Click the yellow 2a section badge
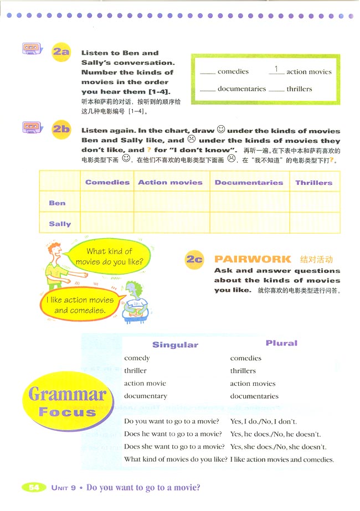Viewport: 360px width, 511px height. tap(61, 53)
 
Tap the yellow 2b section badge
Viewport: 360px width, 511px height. tap(61, 130)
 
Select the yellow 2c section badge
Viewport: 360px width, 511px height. tap(194, 259)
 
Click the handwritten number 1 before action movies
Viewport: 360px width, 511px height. tap(276, 69)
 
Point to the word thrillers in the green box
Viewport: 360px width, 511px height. tap(299, 89)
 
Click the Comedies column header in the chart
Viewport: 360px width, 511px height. tap(107, 182)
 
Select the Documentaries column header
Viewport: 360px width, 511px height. tap(249, 182)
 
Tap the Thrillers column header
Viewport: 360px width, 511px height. tap(314, 182)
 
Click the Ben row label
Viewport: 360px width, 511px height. tap(57, 203)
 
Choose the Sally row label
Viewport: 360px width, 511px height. tap(60, 224)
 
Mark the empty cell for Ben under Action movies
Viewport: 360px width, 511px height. tap(171, 203)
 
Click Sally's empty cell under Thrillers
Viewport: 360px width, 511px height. tap(314, 224)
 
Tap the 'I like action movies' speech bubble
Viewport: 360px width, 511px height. tap(80, 305)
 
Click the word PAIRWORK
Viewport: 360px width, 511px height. tap(252, 259)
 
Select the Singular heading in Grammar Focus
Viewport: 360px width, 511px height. tap(175, 344)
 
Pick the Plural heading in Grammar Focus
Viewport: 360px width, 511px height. tap(281, 343)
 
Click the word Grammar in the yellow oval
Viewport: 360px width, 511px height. tap(67, 395)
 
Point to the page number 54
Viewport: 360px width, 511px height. tap(34, 487)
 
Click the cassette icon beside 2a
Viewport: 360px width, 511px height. tap(32, 49)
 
